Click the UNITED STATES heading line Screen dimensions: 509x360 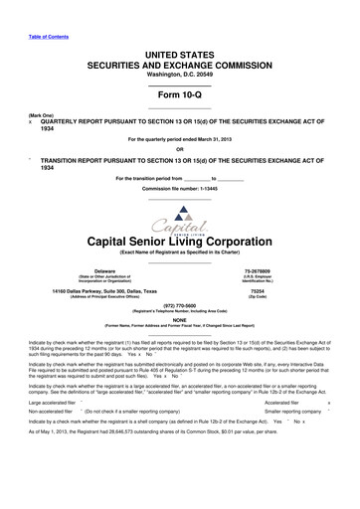coord(179,50)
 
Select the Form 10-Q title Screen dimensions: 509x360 coord(179,92)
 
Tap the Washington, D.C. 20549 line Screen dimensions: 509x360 coord(179,74)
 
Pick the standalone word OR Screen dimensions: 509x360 coord(179,149)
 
